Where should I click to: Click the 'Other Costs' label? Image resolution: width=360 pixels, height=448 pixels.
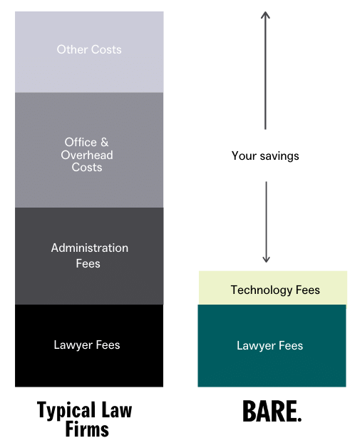click(x=89, y=49)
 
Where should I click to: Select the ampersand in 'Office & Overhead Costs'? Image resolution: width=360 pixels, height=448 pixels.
click(x=105, y=142)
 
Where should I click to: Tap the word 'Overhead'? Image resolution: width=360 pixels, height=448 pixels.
click(x=87, y=155)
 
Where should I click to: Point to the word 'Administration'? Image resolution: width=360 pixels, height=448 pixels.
click(x=90, y=248)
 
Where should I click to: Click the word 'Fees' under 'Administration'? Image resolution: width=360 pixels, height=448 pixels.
click(x=88, y=263)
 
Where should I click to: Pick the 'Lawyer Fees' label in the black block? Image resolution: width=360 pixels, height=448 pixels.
click(x=87, y=345)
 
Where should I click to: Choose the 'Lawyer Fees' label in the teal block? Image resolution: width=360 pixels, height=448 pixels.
click(x=269, y=346)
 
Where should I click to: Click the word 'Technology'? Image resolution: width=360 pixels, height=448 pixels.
click(x=262, y=290)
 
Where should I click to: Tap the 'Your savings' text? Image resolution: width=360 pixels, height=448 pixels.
click(x=265, y=156)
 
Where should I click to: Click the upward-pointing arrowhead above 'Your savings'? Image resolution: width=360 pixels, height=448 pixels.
click(x=265, y=15)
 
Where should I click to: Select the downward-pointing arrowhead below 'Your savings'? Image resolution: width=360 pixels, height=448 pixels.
click(x=266, y=259)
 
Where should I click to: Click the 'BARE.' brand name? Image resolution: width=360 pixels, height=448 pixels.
click(x=272, y=411)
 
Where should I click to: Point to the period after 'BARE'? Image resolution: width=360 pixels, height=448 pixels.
click(x=299, y=419)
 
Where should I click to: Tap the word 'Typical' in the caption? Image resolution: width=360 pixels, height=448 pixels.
click(x=66, y=411)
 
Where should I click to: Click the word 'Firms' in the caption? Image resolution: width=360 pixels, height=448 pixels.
click(x=87, y=429)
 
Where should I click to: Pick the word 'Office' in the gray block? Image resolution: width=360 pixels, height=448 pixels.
click(x=81, y=142)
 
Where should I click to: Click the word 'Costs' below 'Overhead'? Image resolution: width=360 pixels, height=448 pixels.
click(x=87, y=167)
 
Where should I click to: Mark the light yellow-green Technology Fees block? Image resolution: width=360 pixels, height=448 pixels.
click(x=273, y=287)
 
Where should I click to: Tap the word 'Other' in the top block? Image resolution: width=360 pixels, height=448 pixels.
click(x=72, y=49)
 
